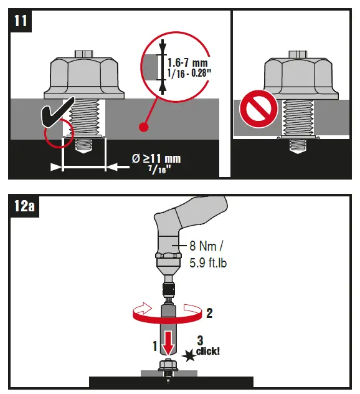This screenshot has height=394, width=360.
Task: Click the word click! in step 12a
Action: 208,352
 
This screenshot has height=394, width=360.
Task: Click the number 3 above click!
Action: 199,340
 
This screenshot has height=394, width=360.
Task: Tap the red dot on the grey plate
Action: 143,128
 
